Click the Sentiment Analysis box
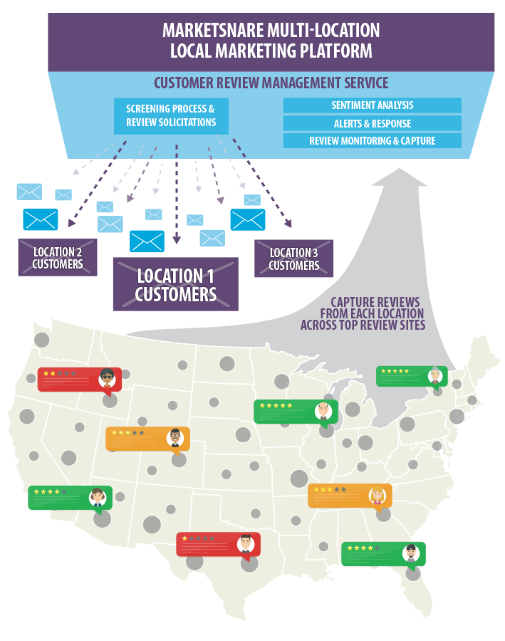point(372,105)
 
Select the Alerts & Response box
point(372,123)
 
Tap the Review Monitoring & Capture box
point(372,141)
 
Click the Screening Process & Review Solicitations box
point(171,116)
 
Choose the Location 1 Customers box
point(175,284)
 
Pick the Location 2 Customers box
point(58,258)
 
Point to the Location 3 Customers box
point(293,259)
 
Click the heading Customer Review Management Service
point(271,83)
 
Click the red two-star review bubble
point(79,380)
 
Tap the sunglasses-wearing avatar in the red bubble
point(108,379)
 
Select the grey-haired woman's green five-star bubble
point(412,376)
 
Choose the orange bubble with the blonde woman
point(349,496)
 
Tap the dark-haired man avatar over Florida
point(411,553)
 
